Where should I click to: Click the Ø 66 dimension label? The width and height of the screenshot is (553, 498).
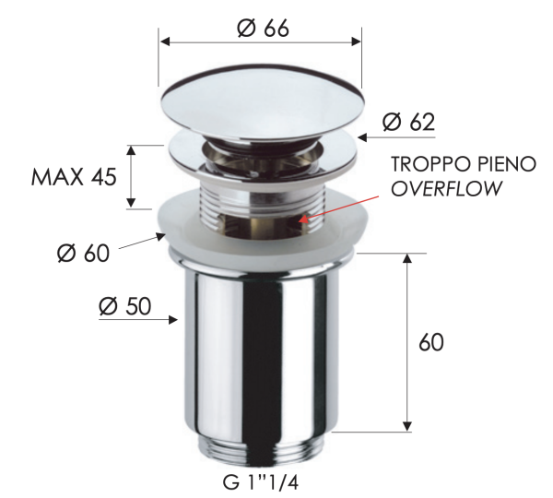pyautogui.click(x=263, y=28)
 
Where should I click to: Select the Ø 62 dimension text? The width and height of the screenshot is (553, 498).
pyautogui.click(x=407, y=121)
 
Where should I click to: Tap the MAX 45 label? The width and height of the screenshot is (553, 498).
pyautogui.click(x=74, y=176)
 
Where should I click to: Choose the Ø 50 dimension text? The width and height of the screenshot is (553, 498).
pyautogui.click(x=124, y=305)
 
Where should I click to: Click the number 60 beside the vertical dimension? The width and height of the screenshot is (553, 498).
pyautogui.click(x=430, y=342)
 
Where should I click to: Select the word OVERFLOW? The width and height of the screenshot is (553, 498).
pyautogui.click(x=447, y=189)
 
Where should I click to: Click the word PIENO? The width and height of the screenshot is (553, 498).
pyautogui.click(x=502, y=165)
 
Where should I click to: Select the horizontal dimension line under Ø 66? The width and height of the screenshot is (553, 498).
pyautogui.click(x=261, y=41)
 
